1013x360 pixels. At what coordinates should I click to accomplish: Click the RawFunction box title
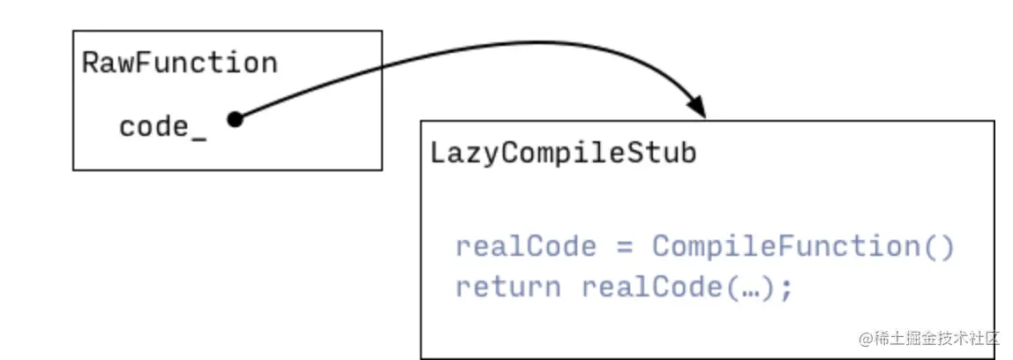[179, 64]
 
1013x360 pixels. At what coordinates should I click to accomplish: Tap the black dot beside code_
[234, 119]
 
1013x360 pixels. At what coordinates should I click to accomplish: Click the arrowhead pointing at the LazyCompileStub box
[697, 108]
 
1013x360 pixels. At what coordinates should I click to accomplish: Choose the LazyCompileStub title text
[563, 153]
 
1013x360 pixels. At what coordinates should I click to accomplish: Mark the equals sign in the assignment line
[625, 247]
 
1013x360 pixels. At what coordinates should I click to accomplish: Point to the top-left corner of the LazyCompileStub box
[421, 120]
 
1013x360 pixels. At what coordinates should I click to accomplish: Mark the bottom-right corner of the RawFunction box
[382, 169]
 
